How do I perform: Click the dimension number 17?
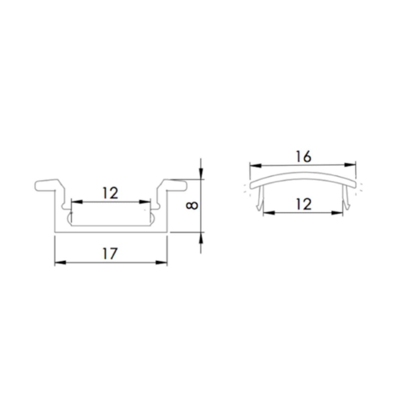click(110, 254)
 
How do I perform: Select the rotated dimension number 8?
click(192, 206)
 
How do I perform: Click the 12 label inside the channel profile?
click(110, 193)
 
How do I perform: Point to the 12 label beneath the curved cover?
click(303, 204)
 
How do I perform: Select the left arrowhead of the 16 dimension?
click(255, 165)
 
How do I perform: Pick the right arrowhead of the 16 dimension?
click(351, 165)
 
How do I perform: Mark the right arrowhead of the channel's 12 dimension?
click(145, 201)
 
